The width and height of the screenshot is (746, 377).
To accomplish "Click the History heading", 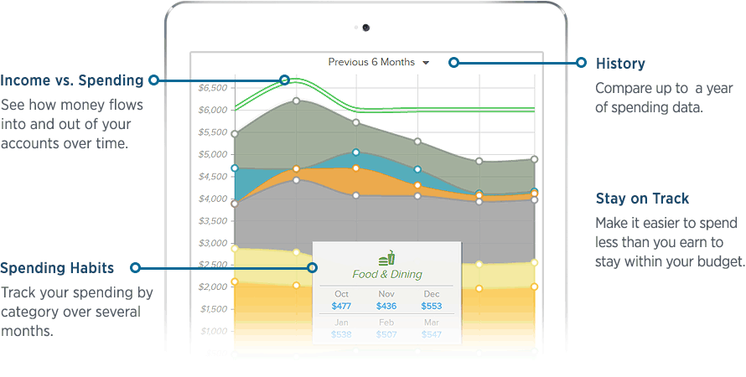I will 619,64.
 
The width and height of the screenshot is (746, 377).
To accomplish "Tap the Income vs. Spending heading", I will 71,80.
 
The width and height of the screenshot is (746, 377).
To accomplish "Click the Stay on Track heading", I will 642,199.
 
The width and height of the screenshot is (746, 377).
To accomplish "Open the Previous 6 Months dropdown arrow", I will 426,63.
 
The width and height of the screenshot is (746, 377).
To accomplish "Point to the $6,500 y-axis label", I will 213,88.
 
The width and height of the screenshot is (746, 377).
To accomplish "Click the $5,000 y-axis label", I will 213,154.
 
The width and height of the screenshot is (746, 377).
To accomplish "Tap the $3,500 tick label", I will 213,221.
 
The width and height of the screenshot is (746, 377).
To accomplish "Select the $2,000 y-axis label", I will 213,287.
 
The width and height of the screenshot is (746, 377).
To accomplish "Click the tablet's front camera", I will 366,28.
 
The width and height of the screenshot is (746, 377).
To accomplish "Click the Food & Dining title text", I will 386,274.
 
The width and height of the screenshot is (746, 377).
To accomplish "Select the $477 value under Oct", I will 341,307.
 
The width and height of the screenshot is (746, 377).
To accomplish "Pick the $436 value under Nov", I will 386,307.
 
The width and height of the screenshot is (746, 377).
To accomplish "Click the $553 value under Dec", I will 431,307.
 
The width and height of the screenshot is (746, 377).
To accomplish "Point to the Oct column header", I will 341,294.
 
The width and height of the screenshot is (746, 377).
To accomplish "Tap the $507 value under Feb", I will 386,334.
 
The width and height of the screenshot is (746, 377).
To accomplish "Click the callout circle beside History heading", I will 580,62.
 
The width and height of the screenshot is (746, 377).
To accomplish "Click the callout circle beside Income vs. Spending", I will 153,80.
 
